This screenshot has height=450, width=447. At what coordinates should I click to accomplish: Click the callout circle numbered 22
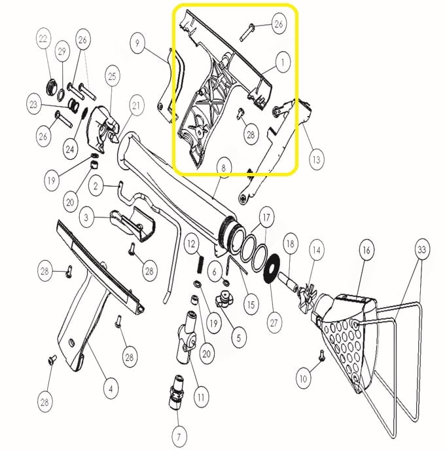[x=43, y=39]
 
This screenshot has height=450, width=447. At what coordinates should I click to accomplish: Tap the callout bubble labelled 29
[x=62, y=52]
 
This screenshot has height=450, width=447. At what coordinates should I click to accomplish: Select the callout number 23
[x=33, y=104]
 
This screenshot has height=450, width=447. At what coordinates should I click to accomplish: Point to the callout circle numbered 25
[x=112, y=77]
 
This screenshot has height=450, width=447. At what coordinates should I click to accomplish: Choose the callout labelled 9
[x=137, y=43]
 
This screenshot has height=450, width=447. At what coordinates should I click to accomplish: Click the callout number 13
[x=316, y=160]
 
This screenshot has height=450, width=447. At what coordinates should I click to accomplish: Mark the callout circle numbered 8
[x=224, y=168]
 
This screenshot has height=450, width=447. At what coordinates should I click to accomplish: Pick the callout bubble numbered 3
[x=86, y=217]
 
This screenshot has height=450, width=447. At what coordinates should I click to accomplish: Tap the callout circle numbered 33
[x=421, y=250]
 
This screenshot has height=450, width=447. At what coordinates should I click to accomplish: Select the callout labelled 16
[x=367, y=250]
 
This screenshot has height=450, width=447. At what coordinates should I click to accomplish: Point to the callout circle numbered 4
[x=111, y=389]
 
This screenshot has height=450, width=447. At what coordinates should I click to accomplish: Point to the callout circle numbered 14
[x=316, y=250]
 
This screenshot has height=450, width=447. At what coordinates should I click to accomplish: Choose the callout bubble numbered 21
[x=136, y=105]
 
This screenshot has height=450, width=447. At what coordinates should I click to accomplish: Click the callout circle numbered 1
[x=283, y=62]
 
